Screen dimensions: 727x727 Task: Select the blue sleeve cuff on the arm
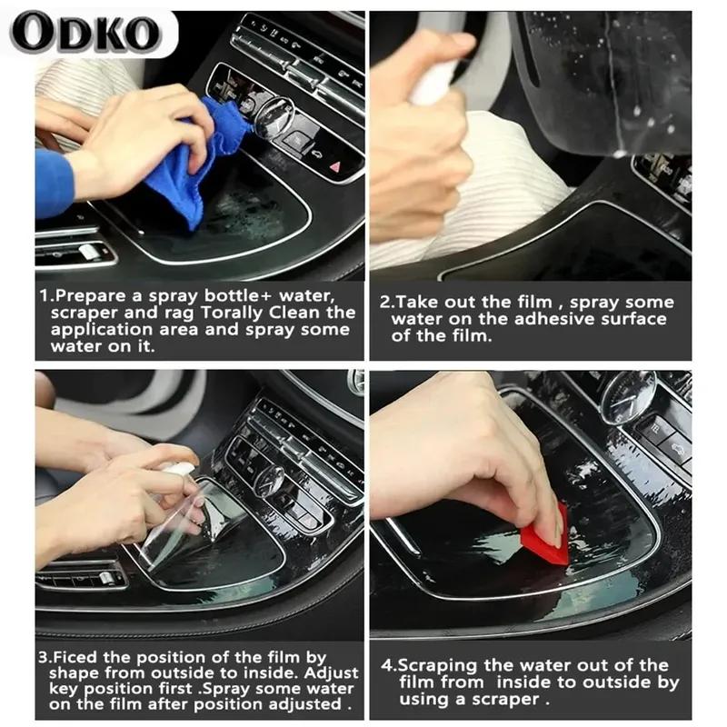point(53,183)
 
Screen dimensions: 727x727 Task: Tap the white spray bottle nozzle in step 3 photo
point(181,469)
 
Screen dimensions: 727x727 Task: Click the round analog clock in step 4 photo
point(626,397)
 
